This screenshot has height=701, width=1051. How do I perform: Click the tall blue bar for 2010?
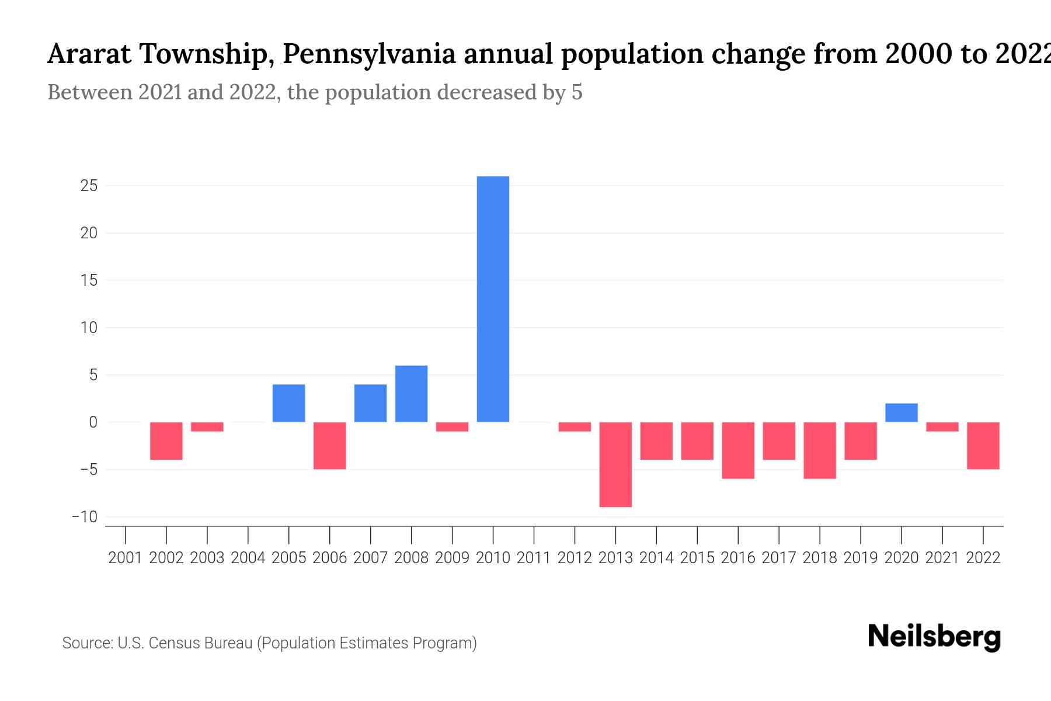coord(493,299)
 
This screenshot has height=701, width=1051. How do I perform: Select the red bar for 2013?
coord(615,464)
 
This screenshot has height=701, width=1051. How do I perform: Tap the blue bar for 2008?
coord(411,394)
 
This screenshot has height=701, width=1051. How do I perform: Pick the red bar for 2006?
coord(329,446)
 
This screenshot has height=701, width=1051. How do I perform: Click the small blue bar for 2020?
coord(901,413)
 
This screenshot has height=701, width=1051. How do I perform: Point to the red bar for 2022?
coord(983,446)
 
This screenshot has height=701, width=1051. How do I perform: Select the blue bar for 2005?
coord(288,403)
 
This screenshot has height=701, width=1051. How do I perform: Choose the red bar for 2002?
coord(166,441)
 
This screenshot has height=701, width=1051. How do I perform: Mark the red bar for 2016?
coord(738,450)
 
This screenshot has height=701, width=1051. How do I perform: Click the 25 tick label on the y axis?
coord(89,186)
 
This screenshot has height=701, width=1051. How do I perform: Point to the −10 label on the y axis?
coord(85,517)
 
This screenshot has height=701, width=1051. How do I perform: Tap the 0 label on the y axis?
coord(93,422)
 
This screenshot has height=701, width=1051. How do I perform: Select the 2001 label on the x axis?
coord(126,558)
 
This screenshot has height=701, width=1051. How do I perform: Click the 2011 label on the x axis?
coord(534,558)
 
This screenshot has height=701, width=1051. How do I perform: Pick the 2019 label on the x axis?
coord(860,558)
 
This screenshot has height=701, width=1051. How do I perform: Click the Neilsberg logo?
coord(934,637)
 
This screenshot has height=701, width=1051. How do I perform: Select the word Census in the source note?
coord(172,643)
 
